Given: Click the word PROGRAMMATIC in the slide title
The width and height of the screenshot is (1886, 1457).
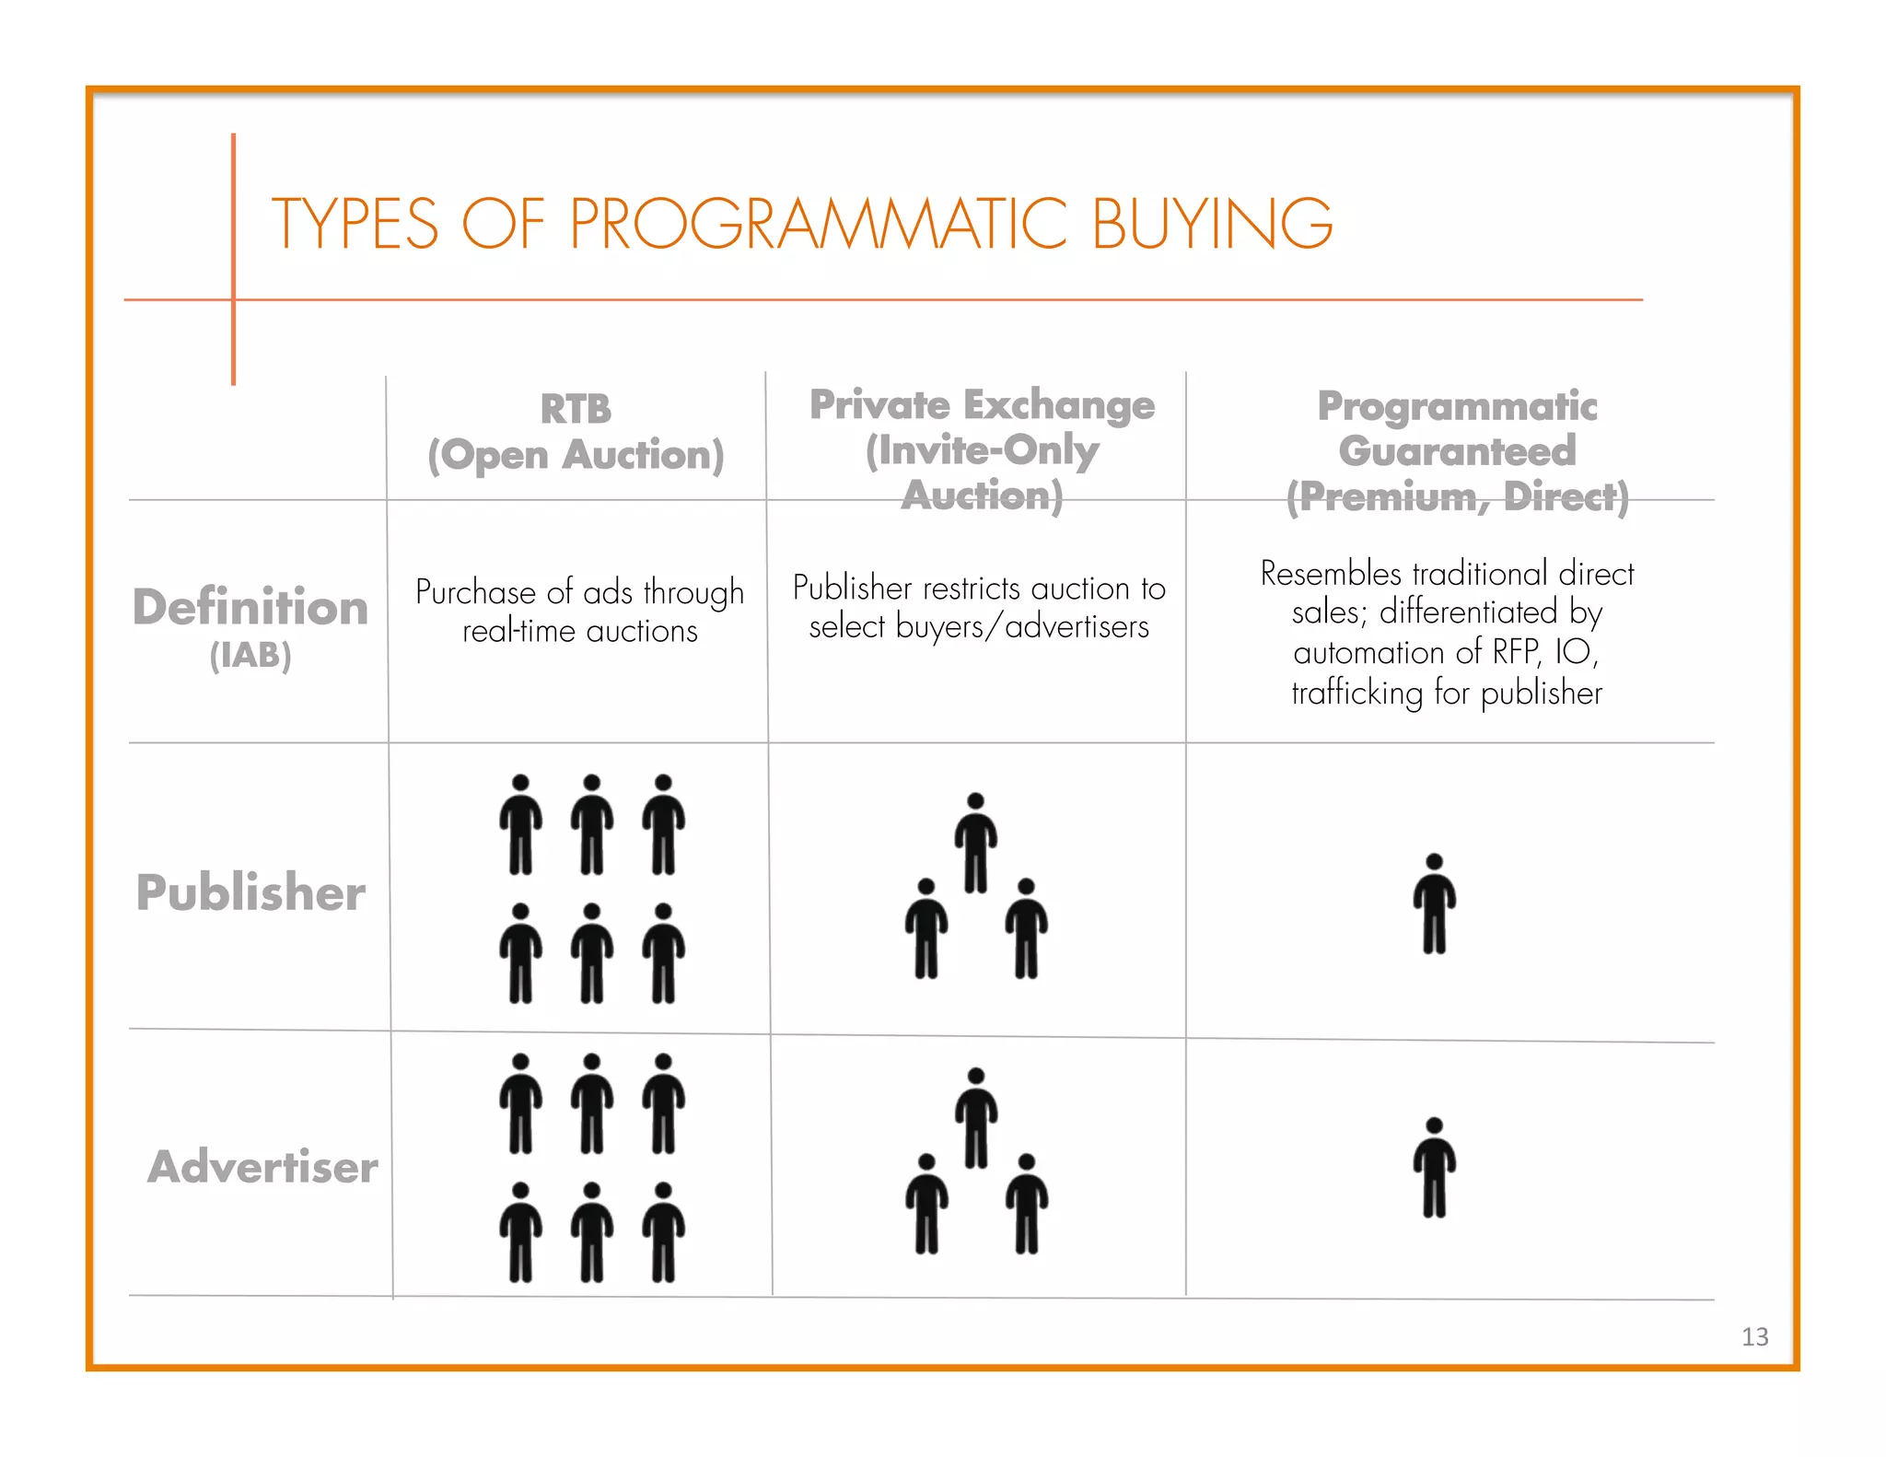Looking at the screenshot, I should tap(818, 224).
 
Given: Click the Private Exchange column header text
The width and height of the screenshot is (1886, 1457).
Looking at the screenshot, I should tap(982, 405).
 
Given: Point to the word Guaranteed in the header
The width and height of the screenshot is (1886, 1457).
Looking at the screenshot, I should tap(1457, 451).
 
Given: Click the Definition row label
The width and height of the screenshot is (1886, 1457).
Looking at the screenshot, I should tap(250, 608).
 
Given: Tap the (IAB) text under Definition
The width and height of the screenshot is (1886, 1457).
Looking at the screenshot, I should tap(250, 656).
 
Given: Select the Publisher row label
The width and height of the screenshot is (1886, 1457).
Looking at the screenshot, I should tap(250, 892).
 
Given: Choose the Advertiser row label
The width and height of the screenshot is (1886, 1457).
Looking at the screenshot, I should tap(262, 1167).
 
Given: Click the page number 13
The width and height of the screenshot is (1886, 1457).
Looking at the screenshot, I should tap(1754, 1336).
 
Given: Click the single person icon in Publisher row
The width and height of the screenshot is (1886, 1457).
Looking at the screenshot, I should tap(1434, 903).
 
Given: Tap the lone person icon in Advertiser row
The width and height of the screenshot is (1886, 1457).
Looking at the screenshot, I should tap(1434, 1168).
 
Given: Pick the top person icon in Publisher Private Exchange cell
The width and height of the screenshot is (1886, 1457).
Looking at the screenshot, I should tap(975, 843).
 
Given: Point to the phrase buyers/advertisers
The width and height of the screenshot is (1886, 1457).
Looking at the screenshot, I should tap(1022, 627).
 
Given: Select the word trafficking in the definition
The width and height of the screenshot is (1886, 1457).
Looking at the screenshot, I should tap(1356, 693).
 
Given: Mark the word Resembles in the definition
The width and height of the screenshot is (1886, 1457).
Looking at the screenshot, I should tap(1331, 574).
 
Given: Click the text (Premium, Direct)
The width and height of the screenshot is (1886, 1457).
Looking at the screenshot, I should tap(1457, 497).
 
